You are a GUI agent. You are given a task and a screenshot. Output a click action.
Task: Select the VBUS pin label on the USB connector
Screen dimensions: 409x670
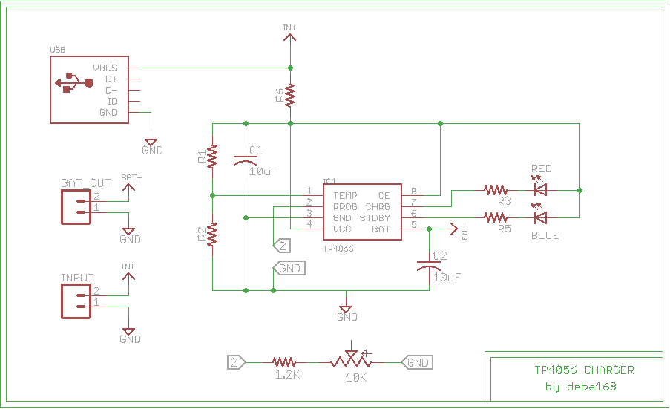(105, 68)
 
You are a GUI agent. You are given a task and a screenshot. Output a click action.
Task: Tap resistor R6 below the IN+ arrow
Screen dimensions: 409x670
(290, 95)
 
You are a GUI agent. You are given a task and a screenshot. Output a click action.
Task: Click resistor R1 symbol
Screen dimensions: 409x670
(212, 156)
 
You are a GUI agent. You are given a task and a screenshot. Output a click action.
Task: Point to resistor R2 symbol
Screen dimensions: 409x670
(212, 235)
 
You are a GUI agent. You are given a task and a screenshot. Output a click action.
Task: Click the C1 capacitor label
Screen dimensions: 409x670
(256, 151)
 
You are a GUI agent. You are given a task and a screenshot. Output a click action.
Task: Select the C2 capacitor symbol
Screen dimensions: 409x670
(429, 264)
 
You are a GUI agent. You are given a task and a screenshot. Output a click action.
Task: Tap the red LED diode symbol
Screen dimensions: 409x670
(540, 190)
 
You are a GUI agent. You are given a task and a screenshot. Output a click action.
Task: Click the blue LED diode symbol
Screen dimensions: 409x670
(540, 217)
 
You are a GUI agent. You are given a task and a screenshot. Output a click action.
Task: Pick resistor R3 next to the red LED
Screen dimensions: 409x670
(496, 190)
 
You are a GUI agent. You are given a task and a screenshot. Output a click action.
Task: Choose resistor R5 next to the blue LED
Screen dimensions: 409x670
(496, 217)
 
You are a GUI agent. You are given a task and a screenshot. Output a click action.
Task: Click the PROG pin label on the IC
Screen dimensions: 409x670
(345, 207)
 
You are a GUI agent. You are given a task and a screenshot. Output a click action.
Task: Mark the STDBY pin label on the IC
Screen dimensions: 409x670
(375, 218)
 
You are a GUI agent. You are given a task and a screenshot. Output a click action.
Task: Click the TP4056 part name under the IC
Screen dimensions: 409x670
(338, 249)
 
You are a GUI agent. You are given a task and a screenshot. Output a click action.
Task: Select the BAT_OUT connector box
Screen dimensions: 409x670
(76, 206)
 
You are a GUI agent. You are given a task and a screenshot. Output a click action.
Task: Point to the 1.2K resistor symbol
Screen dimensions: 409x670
(284, 362)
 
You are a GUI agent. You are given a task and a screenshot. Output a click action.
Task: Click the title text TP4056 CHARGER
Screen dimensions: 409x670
(584, 370)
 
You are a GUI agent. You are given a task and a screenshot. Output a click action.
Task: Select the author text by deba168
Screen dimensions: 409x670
(580, 387)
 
